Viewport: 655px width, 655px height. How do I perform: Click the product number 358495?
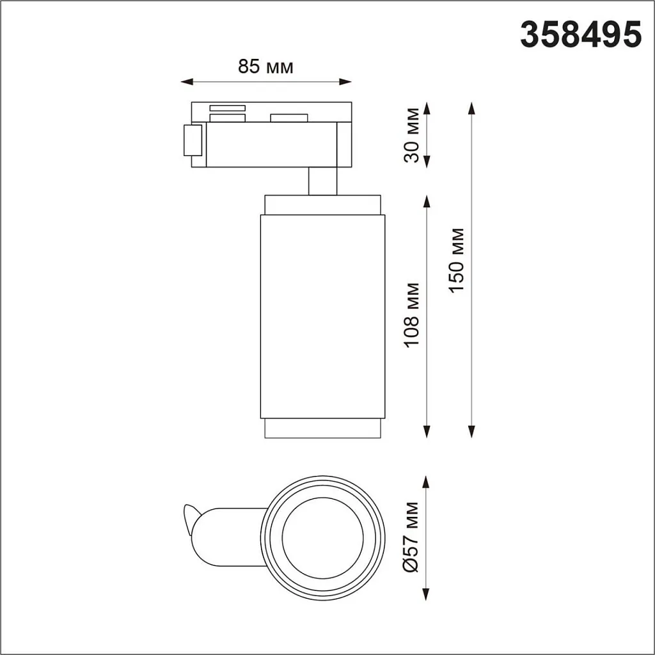580,34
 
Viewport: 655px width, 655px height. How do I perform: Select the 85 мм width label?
265,67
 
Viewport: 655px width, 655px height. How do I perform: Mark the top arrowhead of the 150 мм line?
472,107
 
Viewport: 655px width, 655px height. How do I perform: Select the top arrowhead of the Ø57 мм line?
427,481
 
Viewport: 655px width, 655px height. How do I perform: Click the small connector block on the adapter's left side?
193,140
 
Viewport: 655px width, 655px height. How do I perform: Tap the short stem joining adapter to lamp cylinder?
322,181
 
